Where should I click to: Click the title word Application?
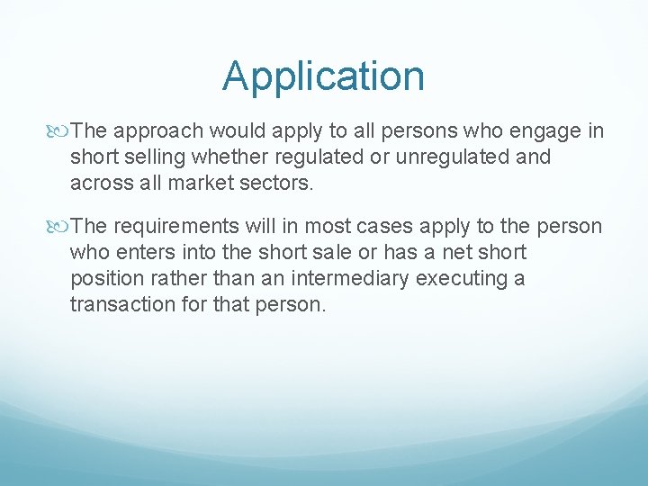coord(323,77)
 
